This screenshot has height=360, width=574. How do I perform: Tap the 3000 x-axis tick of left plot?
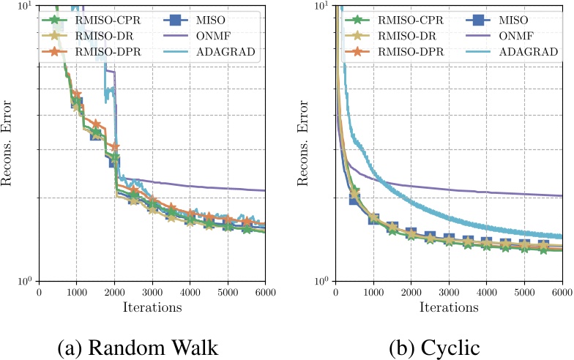point(152,290)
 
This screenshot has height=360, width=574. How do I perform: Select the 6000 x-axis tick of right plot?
point(561,290)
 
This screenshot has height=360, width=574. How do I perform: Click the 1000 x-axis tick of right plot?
point(373,290)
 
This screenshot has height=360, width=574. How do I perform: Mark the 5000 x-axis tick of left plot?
point(228,290)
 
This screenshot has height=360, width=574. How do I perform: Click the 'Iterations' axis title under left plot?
point(152,307)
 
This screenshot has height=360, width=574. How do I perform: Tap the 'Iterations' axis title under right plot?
point(449,307)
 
